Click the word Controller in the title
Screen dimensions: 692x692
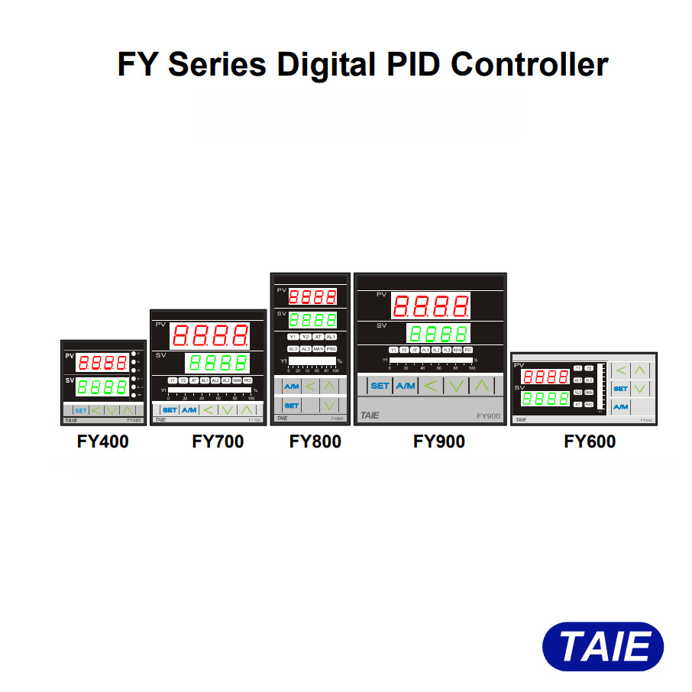(x=529, y=64)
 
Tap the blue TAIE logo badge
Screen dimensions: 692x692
(x=603, y=647)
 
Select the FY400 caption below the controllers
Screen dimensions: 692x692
(x=103, y=441)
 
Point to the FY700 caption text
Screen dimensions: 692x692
(x=218, y=441)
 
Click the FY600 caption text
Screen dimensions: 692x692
(x=590, y=441)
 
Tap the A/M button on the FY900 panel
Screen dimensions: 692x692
(x=405, y=386)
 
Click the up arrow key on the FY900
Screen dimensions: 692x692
(x=481, y=386)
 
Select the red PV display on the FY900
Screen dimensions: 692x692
(x=431, y=307)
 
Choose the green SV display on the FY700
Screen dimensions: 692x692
(x=217, y=363)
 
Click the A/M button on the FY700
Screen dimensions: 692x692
(x=189, y=410)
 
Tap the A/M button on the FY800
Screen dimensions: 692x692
(x=291, y=386)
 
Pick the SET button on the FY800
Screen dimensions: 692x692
(x=291, y=406)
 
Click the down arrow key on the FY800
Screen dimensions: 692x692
(x=328, y=406)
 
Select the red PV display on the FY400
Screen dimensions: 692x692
(x=102, y=363)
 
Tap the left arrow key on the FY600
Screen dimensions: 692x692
(x=620, y=371)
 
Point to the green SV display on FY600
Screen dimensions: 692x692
(x=545, y=399)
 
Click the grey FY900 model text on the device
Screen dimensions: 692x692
(x=488, y=416)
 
